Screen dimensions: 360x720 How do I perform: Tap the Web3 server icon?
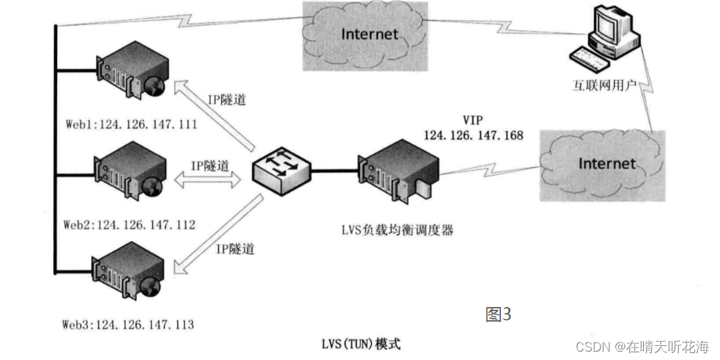pos(129,271)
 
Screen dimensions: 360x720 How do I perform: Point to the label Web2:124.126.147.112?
pos(129,225)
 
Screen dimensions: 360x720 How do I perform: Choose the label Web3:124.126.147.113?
pos(128,324)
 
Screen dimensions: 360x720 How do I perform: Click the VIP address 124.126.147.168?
pos(473,134)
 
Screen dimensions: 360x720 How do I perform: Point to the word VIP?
pos(472,118)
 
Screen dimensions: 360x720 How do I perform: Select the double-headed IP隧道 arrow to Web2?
pos(207,180)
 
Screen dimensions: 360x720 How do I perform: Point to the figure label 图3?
pos(498,314)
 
